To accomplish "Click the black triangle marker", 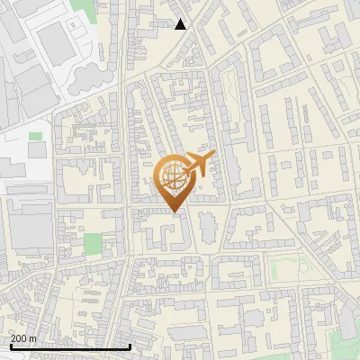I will [181, 24].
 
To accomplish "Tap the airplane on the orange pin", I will [199, 163].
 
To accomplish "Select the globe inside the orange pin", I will [174, 176].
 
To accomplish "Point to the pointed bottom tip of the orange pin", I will [175, 211].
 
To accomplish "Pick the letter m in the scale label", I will [33, 338].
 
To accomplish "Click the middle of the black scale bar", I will [70, 346].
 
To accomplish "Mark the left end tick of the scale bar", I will [10, 346].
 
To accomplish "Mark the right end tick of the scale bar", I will [130, 346].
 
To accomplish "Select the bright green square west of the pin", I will [93, 243].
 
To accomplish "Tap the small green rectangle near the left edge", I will [35, 136].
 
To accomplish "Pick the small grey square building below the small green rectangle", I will [39, 150].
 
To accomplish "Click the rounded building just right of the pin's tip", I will [207, 224].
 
